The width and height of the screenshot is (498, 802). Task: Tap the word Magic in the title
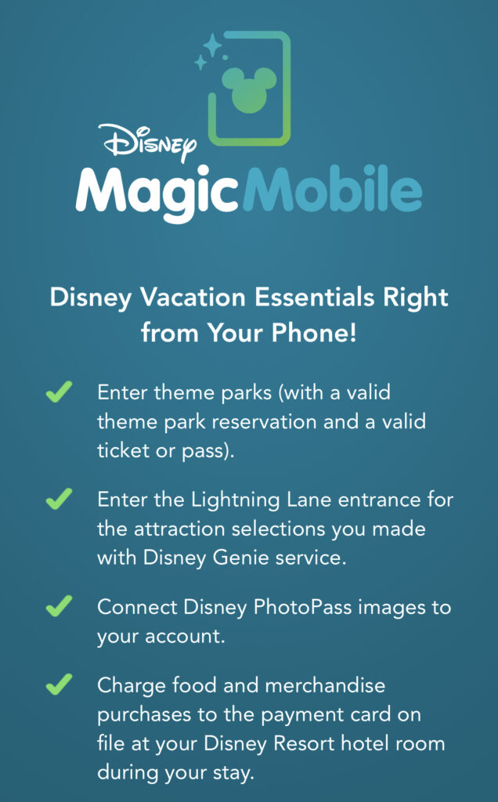[157, 194]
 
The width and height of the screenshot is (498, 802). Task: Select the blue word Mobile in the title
[332, 189]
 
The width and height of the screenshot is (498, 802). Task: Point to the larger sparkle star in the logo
[212, 45]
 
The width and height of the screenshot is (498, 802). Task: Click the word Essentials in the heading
[309, 297]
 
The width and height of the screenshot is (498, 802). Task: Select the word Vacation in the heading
[193, 297]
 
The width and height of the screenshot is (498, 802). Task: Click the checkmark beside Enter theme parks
[59, 392]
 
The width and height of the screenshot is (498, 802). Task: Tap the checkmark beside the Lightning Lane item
[59, 499]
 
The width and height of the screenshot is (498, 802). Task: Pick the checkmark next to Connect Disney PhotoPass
[59, 607]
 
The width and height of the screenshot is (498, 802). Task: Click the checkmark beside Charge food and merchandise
[59, 685]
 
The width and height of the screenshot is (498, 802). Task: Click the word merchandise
[325, 685]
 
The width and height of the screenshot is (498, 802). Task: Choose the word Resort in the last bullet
[305, 743]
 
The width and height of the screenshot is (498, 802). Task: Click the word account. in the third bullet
[185, 637]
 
